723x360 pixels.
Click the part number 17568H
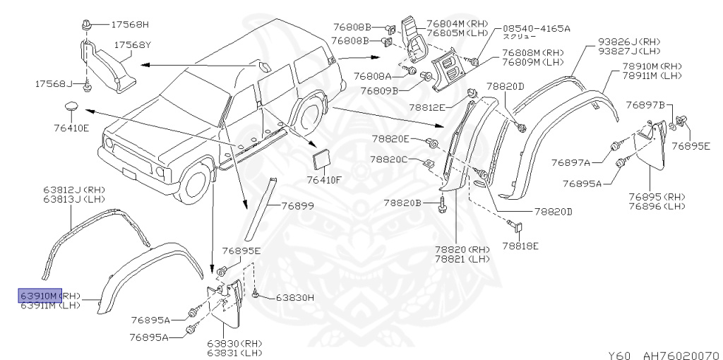130,24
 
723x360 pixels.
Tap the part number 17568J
54,84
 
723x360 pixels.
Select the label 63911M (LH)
52,305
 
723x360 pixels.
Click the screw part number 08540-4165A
536,28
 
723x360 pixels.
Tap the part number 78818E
520,246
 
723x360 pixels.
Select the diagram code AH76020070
679,355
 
